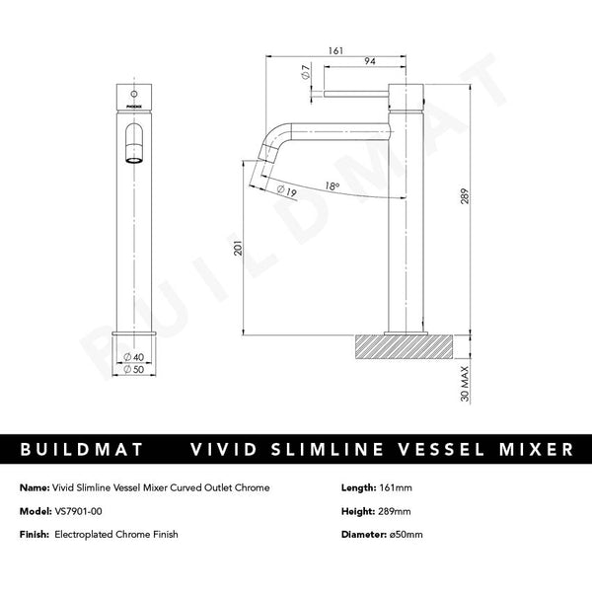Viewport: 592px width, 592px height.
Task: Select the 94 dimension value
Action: click(x=368, y=62)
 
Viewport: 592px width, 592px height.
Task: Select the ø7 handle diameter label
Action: click(x=308, y=72)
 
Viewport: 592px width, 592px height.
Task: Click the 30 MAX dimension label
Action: click(x=463, y=381)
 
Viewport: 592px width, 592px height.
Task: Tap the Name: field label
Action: click(x=34, y=487)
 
